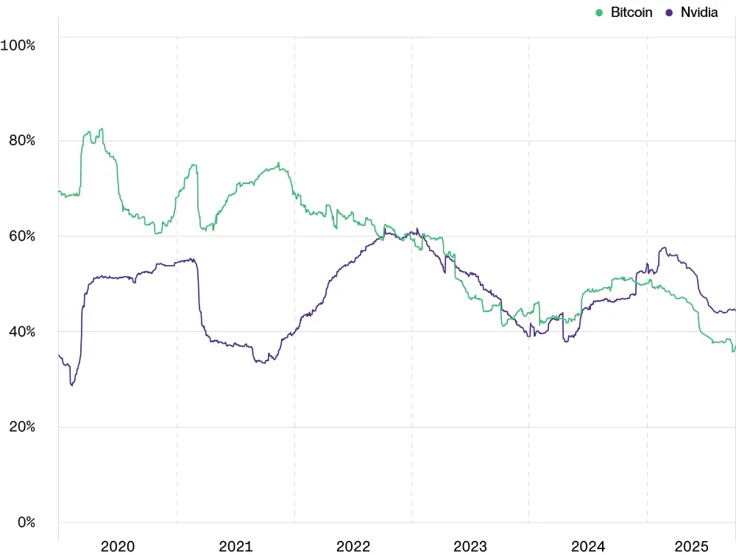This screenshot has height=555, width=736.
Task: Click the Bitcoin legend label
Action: [x=631, y=13]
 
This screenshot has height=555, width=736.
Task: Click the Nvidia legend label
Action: [x=699, y=13]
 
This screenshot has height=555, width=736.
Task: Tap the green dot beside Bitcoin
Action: [x=599, y=13]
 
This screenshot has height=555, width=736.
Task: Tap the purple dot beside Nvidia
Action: [x=670, y=13]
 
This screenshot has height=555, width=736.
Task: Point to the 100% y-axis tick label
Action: [x=18, y=45]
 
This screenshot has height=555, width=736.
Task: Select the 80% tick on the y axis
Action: [x=21, y=141]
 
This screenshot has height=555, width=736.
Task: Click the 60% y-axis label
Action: [x=21, y=236]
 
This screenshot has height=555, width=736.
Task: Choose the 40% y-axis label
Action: [x=21, y=332]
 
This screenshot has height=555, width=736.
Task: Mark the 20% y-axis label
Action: [x=21, y=427]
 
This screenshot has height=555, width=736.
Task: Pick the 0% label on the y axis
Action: [x=24, y=523]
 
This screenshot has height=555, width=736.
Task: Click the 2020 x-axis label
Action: [x=118, y=546]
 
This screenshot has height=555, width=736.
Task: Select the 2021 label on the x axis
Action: [x=236, y=546]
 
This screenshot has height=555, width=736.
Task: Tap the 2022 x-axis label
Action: [x=353, y=546]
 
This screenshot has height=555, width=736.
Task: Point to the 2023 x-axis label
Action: [x=470, y=546]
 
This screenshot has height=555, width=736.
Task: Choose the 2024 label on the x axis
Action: [x=588, y=546]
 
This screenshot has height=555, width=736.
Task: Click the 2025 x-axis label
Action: [x=692, y=546]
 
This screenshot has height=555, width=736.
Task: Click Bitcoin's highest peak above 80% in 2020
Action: [x=102, y=129]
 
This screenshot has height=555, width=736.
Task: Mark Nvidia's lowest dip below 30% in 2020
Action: [x=71, y=385]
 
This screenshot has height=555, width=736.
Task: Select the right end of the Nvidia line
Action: [x=735, y=310]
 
